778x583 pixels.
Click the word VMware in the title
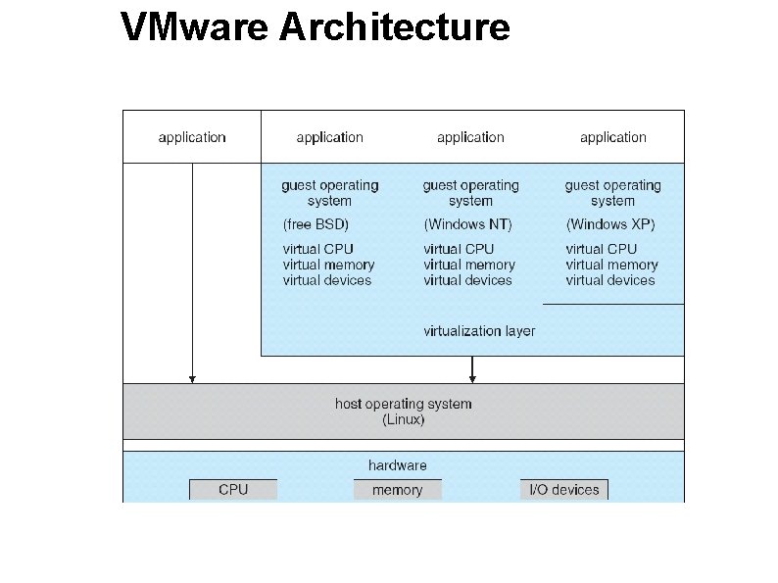coord(194,26)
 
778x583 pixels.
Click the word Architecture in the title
coord(394,26)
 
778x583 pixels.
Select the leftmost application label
coord(192,137)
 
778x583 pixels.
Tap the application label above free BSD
coord(329,137)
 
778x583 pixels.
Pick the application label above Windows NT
coord(470,137)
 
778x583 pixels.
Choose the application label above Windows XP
coord(613,137)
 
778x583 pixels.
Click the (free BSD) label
coord(316,224)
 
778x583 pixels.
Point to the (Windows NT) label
coord(467,224)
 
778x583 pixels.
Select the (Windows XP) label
coord(610,224)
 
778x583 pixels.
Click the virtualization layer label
coord(479,330)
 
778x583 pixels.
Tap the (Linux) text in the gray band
coord(403,419)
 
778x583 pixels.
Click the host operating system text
coord(403,404)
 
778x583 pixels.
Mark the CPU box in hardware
coord(233,490)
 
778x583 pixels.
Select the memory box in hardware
coord(397,490)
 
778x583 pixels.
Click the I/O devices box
coord(563,490)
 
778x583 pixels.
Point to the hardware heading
coord(397,465)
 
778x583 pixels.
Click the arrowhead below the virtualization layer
coord(472,377)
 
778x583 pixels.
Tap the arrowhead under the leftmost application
coord(192,377)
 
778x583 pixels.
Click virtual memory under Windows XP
coord(611,265)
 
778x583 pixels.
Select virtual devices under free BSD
coord(327,280)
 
